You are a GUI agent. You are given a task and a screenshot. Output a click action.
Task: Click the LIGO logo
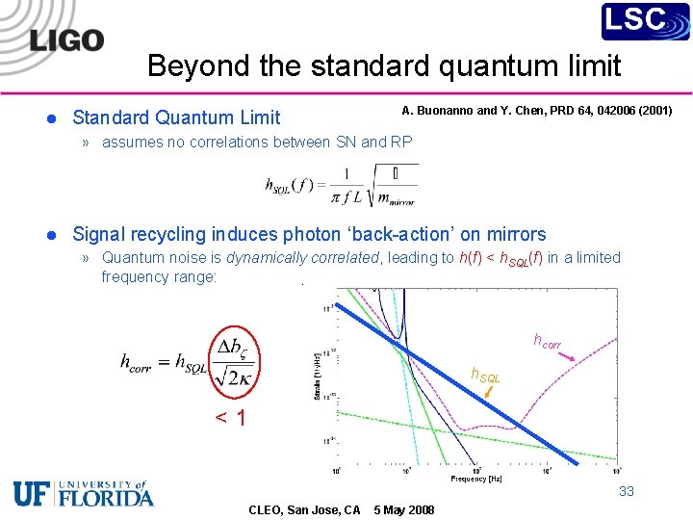66,39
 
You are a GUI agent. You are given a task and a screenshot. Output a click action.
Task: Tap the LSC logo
645,21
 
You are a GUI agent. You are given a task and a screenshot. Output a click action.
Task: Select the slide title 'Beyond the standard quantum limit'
384,65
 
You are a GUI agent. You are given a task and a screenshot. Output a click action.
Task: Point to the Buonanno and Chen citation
537,110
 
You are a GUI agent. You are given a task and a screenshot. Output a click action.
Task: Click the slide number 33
627,491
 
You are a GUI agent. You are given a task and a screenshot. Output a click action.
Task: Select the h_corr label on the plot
547,340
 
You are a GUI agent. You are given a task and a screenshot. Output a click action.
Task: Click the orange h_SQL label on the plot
484,375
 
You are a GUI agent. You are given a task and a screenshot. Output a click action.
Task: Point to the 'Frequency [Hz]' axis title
475,479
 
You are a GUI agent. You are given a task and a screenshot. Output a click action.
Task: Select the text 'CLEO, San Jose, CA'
304,509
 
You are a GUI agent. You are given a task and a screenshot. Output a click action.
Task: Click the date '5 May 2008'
403,509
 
